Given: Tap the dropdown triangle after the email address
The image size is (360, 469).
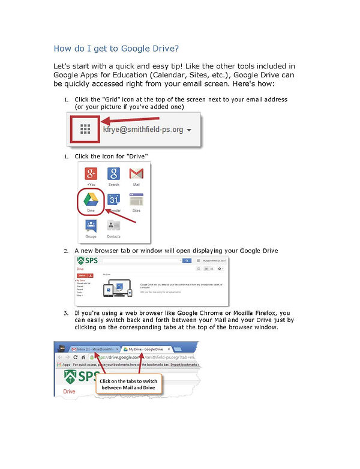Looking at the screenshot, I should click(x=189, y=130).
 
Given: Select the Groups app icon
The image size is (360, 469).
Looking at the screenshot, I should click(x=91, y=227).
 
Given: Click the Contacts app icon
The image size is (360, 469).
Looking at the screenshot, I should click(x=113, y=227).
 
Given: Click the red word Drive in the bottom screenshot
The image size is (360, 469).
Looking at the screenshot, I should click(x=70, y=391).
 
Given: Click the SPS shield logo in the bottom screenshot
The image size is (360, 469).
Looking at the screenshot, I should click(x=71, y=377).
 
